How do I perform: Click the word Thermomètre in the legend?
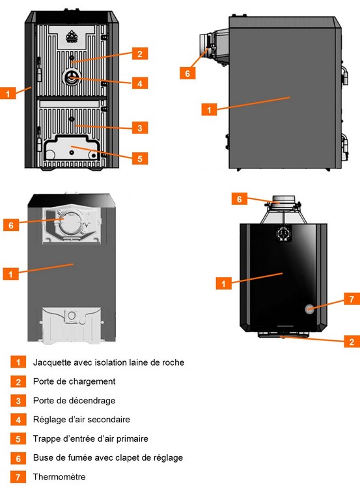point(59,476)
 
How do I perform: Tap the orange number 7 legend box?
point(18,477)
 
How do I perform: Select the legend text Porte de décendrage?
point(74,400)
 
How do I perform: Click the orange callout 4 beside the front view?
point(140,83)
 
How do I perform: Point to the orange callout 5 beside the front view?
point(140,158)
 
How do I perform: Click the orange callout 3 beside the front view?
point(140,128)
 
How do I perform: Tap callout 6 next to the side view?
point(187,73)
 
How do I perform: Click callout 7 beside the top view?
point(352,299)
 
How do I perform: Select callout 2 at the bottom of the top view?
point(352,342)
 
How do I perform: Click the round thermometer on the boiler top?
point(310,308)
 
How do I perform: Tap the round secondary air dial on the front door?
point(72,77)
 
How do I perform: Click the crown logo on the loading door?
point(72,36)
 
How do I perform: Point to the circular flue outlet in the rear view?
point(72,223)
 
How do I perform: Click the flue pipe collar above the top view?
point(283,200)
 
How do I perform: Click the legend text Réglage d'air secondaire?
point(81,419)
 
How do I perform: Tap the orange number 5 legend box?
point(18,439)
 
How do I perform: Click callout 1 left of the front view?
point(8,93)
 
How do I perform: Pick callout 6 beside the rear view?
point(11,224)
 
